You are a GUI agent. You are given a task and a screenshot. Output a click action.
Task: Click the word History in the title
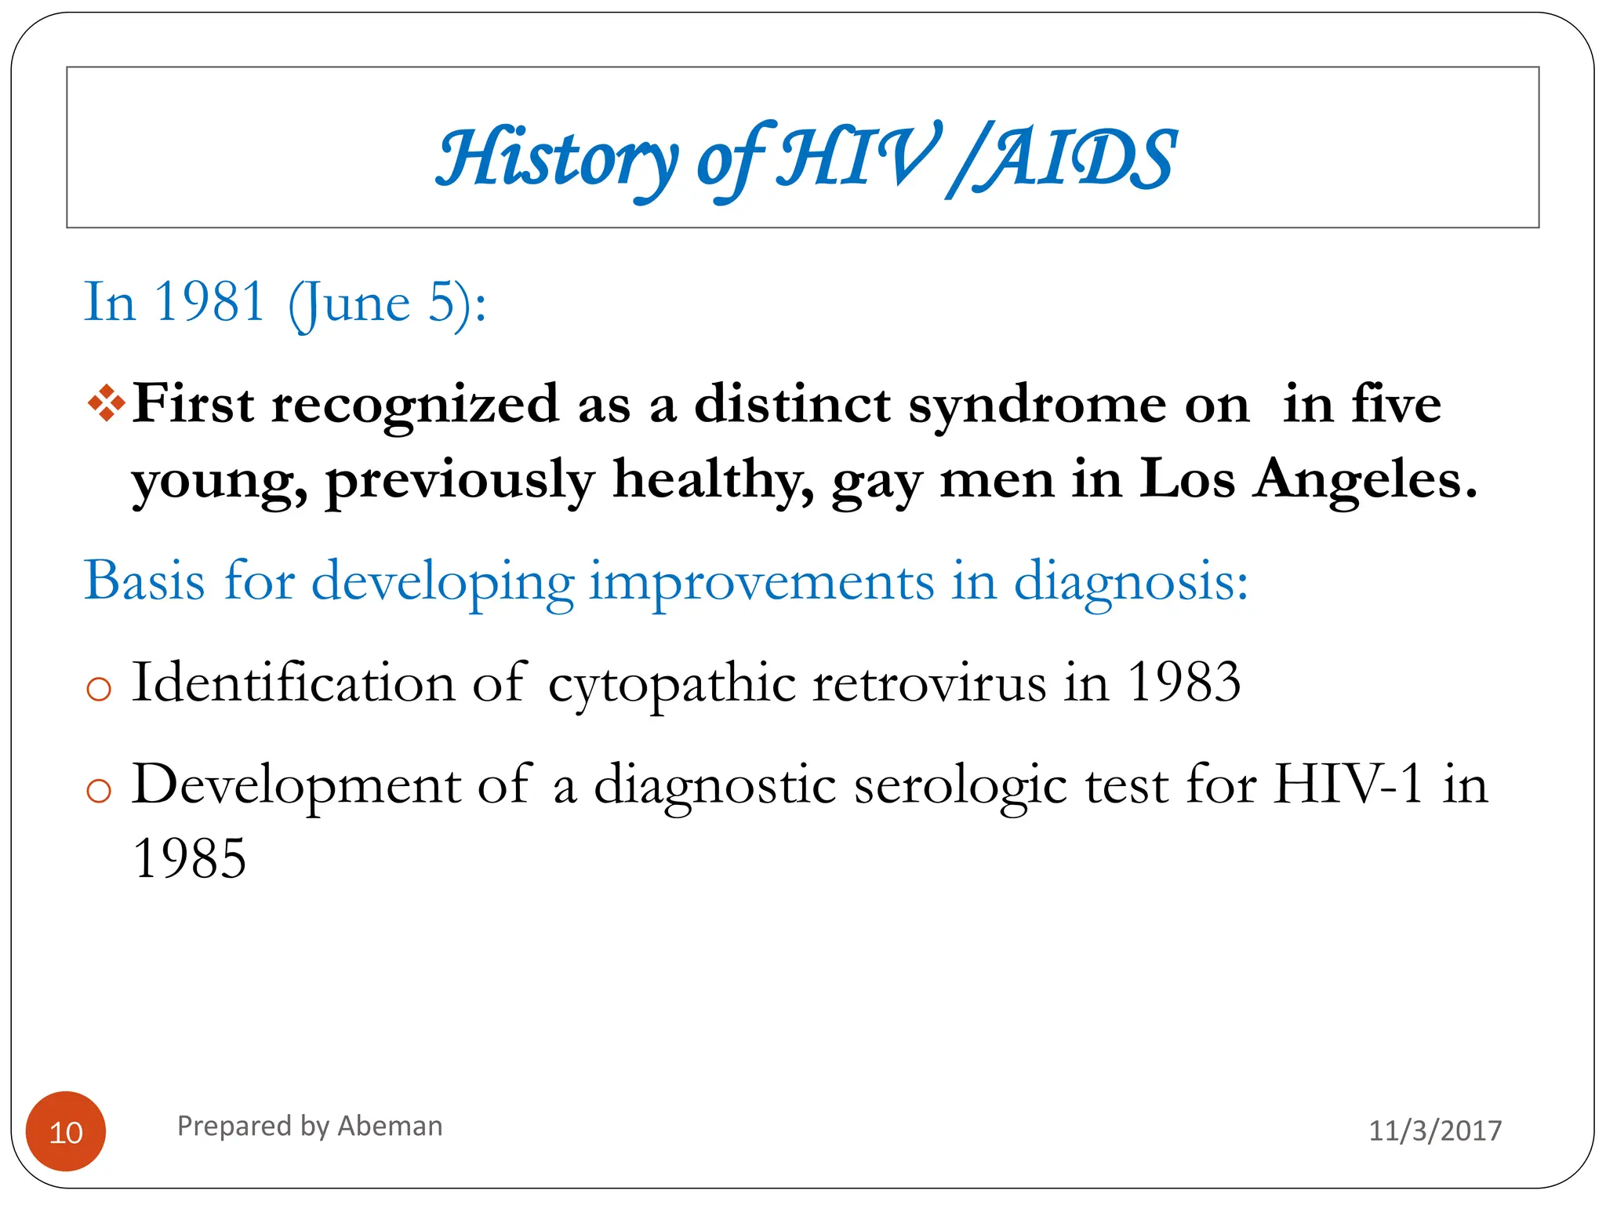(557, 159)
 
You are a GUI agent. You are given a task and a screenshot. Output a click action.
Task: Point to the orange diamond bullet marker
(106, 404)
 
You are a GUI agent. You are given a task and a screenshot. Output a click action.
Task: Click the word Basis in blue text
(144, 581)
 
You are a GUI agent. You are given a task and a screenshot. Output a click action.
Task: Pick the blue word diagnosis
(1130, 583)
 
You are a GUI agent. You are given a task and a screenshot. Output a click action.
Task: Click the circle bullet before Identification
(99, 690)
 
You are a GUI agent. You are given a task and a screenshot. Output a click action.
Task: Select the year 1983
(1183, 682)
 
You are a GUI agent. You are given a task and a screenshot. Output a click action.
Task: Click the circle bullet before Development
(99, 791)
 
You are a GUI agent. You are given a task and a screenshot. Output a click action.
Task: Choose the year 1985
(189, 858)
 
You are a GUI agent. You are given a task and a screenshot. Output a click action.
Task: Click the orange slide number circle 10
(66, 1131)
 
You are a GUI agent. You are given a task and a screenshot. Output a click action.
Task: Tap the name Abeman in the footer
(390, 1127)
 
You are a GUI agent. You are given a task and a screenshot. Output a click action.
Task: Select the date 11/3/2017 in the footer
(1434, 1130)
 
